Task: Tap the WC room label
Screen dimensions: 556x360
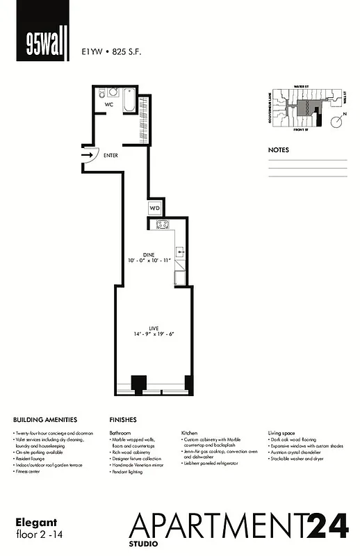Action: click(109, 104)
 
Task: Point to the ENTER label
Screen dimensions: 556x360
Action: click(111, 156)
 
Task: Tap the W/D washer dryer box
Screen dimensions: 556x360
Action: click(154, 208)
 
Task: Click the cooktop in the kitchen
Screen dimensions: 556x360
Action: click(164, 224)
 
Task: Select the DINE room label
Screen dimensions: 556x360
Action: click(149, 254)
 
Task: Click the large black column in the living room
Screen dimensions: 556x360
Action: click(139, 383)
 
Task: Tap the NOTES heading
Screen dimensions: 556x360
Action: click(279, 149)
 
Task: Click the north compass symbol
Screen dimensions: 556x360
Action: click(337, 122)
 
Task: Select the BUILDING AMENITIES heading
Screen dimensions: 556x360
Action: click(45, 420)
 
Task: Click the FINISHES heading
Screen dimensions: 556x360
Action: click(123, 420)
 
